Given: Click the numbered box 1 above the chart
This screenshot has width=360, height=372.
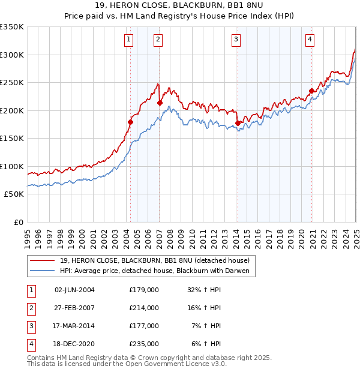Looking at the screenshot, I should (129, 40).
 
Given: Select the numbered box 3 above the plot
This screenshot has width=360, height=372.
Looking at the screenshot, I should (236, 40).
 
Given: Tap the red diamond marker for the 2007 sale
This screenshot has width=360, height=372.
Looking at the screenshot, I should (160, 103).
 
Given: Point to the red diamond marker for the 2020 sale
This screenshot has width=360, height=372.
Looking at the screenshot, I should (311, 91).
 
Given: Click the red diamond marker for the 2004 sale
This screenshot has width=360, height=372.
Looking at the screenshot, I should (130, 122).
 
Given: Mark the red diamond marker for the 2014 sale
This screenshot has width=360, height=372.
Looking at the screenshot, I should (238, 123).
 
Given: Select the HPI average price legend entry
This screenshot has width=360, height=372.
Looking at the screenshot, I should (154, 271).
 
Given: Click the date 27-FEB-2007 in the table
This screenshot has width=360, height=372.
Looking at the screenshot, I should (74, 308).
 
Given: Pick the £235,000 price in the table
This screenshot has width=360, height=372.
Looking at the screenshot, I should (144, 344).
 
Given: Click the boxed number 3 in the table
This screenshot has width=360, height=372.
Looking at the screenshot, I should (30, 326).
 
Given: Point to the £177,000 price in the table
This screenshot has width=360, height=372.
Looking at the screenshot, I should (144, 326).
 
